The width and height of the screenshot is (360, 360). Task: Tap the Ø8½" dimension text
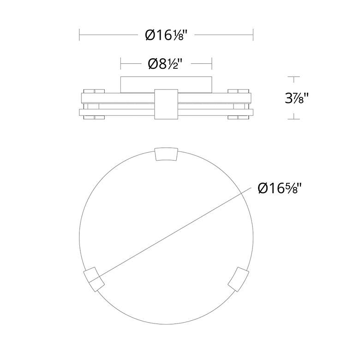(x=166, y=64)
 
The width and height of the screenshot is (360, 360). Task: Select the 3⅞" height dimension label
(x=297, y=98)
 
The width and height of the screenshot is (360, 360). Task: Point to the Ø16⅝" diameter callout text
(x=279, y=188)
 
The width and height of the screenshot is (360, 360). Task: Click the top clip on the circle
(x=167, y=154)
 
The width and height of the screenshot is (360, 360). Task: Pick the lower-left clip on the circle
(x=94, y=279)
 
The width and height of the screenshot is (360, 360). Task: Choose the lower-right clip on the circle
(x=238, y=279)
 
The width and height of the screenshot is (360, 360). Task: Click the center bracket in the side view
(x=166, y=104)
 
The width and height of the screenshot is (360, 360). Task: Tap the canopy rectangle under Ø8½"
(x=166, y=85)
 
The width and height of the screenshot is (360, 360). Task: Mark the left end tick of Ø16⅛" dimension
(x=79, y=35)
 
